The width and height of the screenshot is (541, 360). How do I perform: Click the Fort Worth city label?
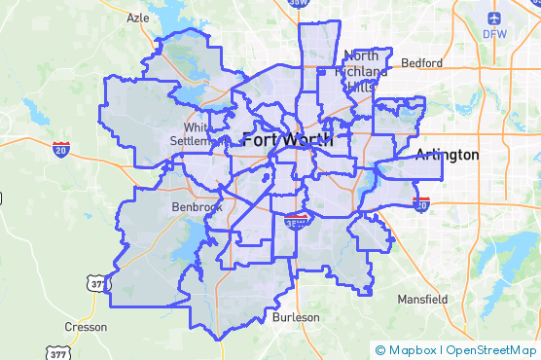coord(287,139)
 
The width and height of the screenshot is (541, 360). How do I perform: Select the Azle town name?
coord(138,18)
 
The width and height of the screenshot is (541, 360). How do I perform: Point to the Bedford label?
coord(421,63)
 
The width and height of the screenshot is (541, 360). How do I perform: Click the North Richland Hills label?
coord(366,71)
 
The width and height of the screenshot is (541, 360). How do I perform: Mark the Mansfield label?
coord(421,299)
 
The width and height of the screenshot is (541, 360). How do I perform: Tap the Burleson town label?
coord(296,317)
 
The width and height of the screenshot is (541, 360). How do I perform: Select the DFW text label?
coord(494,34)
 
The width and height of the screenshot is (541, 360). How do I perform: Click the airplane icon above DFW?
coord(494,18)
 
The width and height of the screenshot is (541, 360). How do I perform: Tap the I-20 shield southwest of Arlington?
coord(421,204)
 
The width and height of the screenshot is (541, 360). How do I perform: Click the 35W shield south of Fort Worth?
coord(295,222)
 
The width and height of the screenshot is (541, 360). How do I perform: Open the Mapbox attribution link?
coord(414,350)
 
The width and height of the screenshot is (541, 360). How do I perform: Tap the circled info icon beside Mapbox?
coord(380,350)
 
